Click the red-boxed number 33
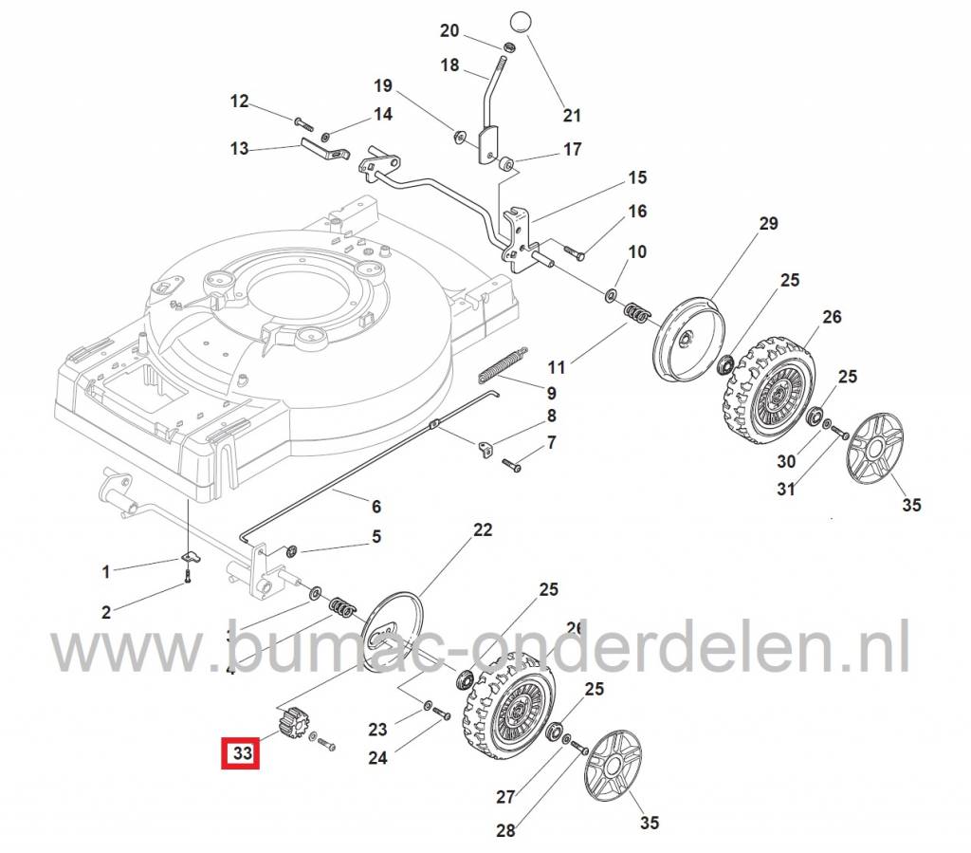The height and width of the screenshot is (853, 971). pos(242,754)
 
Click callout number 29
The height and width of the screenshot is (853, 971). pos(768,224)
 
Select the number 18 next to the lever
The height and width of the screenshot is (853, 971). pos(449,65)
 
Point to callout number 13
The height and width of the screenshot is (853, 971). pos(239,149)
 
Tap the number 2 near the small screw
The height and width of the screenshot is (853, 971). pos(106,612)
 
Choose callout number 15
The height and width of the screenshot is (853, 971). pos(636,177)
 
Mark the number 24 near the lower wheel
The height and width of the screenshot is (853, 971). pos(377,758)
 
